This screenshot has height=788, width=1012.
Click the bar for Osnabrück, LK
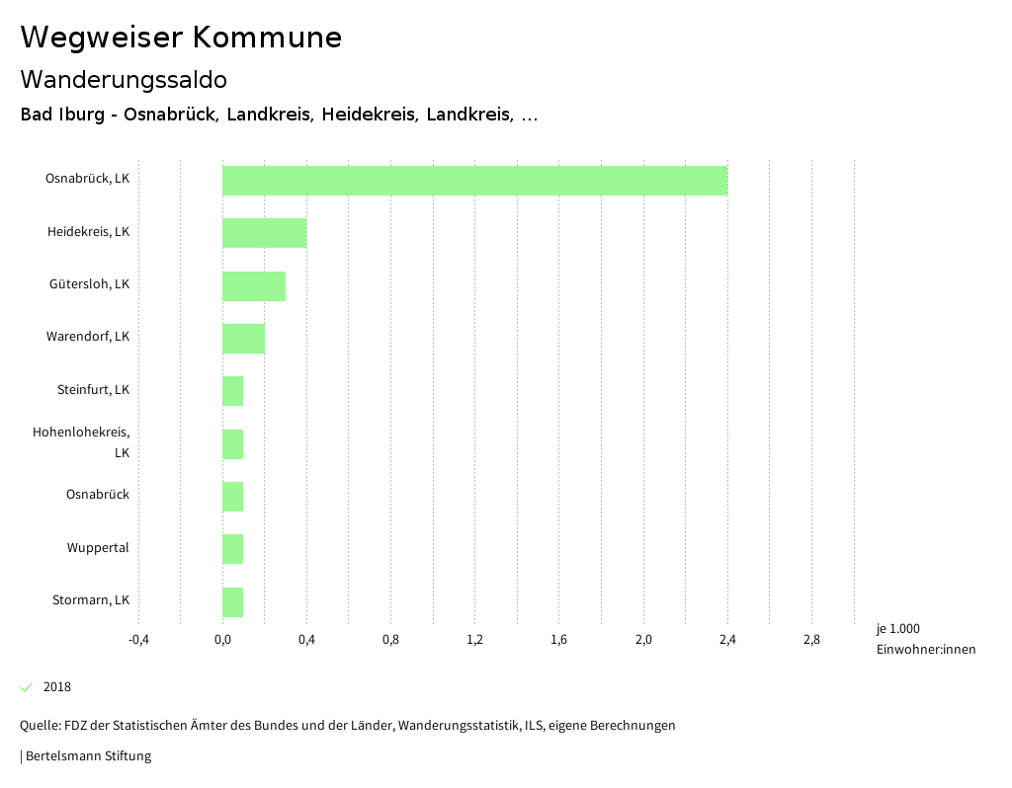474,181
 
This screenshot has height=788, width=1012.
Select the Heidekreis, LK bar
264,233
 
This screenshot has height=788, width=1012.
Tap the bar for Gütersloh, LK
254,286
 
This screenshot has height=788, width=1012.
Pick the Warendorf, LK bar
243,339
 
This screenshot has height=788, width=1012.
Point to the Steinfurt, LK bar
233,391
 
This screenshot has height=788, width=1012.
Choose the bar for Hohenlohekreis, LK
233,444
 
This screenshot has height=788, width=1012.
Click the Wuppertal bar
233,549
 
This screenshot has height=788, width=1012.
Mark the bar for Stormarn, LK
233,602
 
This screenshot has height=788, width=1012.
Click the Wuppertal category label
98,548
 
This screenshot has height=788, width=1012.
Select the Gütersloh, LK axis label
89,284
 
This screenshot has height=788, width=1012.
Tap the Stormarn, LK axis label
91,600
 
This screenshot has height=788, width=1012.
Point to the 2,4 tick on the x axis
727,640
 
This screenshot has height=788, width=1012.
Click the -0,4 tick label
138,640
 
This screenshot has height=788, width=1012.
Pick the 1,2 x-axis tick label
474,640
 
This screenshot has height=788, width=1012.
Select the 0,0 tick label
222,640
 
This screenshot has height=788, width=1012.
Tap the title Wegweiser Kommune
181,38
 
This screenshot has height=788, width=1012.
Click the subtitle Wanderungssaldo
124,79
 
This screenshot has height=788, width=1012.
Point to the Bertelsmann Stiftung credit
87,756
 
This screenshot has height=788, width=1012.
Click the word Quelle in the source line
39,726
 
